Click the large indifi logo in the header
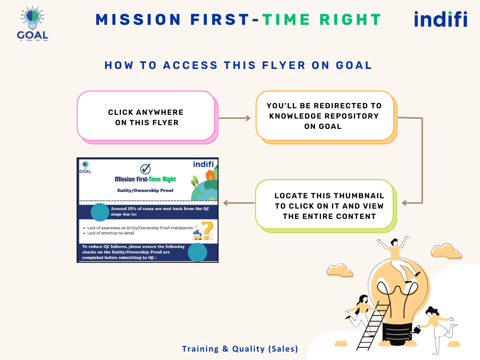pyautogui.click(x=441, y=20)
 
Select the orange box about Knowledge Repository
pyautogui.click(x=324, y=116)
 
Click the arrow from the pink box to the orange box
pyautogui.click(x=235, y=118)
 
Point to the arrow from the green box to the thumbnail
pyautogui.click(x=239, y=203)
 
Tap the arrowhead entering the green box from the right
pyautogui.click(x=406, y=203)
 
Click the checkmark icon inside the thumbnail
pyautogui.click(x=146, y=169)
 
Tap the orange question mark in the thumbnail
pyautogui.click(x=207, y=230)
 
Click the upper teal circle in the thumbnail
pyautogui.click(x=99, y=212)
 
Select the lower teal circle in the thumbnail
pyautogui.click(x=197, y=252)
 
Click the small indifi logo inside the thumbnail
pyautogui.click(x=204, y=164)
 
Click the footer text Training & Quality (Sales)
pyautogui.click(x=240, y=349)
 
